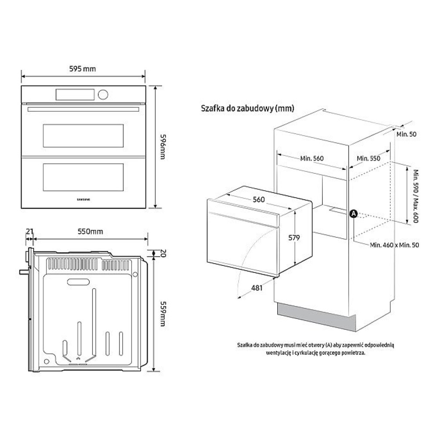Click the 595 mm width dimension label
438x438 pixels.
pyautogui.click(x=82, y=69)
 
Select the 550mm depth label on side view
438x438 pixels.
pyautogui.click(x=90, y=232)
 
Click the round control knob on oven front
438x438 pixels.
pyautogui.click(x=103, y=95)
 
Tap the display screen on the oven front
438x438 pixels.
pyautogui.click(x=75, y=95)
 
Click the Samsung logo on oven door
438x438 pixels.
pyautogui.click(x=84, y=200)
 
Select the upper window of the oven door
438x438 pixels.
pyautogui.click(x=83, y=136)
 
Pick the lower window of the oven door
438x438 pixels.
pyautogui.click(x=83, y=177)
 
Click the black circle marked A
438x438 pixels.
pyautogui.click(x=353, y=214)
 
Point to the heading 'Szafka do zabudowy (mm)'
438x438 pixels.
pyautogui.click(x=247, y=108)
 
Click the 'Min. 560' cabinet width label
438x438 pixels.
pyautogui.click(x=312, y=159)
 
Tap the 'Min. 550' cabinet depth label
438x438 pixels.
pyautogui.click(x=368, y=159)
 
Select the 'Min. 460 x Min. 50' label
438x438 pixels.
pyautogui.click(x=395, y=245)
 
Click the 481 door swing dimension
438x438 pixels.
pyautogui.click(x=257, y=288)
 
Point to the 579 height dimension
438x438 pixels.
pyautogui.click(x=294, y=238)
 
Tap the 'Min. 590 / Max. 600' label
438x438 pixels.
pyautogui.click(x=416, y=196)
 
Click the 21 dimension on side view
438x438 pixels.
pyautogui.click(x=30, y=231)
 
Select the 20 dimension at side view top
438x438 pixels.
pyautogui.click(x=163, y=253)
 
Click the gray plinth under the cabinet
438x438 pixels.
pyautogui.click(x=317, y=317)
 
